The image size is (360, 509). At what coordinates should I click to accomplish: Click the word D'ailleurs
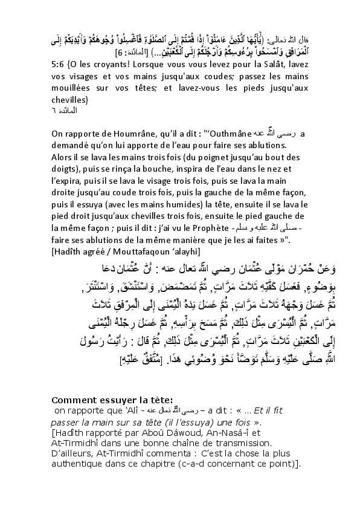click(75, 453)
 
